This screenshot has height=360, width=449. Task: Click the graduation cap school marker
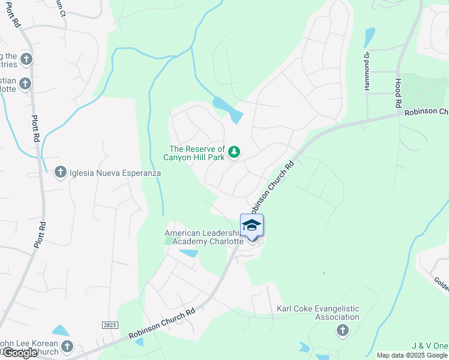click(252, 226)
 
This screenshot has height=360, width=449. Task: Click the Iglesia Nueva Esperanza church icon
click(60, 173)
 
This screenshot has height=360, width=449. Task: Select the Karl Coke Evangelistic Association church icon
click(342, 329)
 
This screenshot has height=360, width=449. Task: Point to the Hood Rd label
click(398, 93)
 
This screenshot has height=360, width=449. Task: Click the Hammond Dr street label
click(367, 71)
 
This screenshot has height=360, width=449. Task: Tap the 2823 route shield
click(109, 325)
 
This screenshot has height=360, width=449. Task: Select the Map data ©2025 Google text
click(412, 355)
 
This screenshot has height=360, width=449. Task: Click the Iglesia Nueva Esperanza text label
click(115, 173)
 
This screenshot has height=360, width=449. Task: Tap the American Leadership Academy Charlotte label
click(204, 237)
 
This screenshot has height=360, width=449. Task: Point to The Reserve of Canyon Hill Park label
click(197, 153)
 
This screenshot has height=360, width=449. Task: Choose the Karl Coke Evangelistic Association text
click(318, 313)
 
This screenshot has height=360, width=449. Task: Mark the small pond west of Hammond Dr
click(369, 37)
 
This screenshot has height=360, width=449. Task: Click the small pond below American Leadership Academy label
click(188, 253)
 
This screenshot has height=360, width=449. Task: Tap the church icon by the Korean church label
click(67, 346)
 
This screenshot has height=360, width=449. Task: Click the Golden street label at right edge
click(441, 280)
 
